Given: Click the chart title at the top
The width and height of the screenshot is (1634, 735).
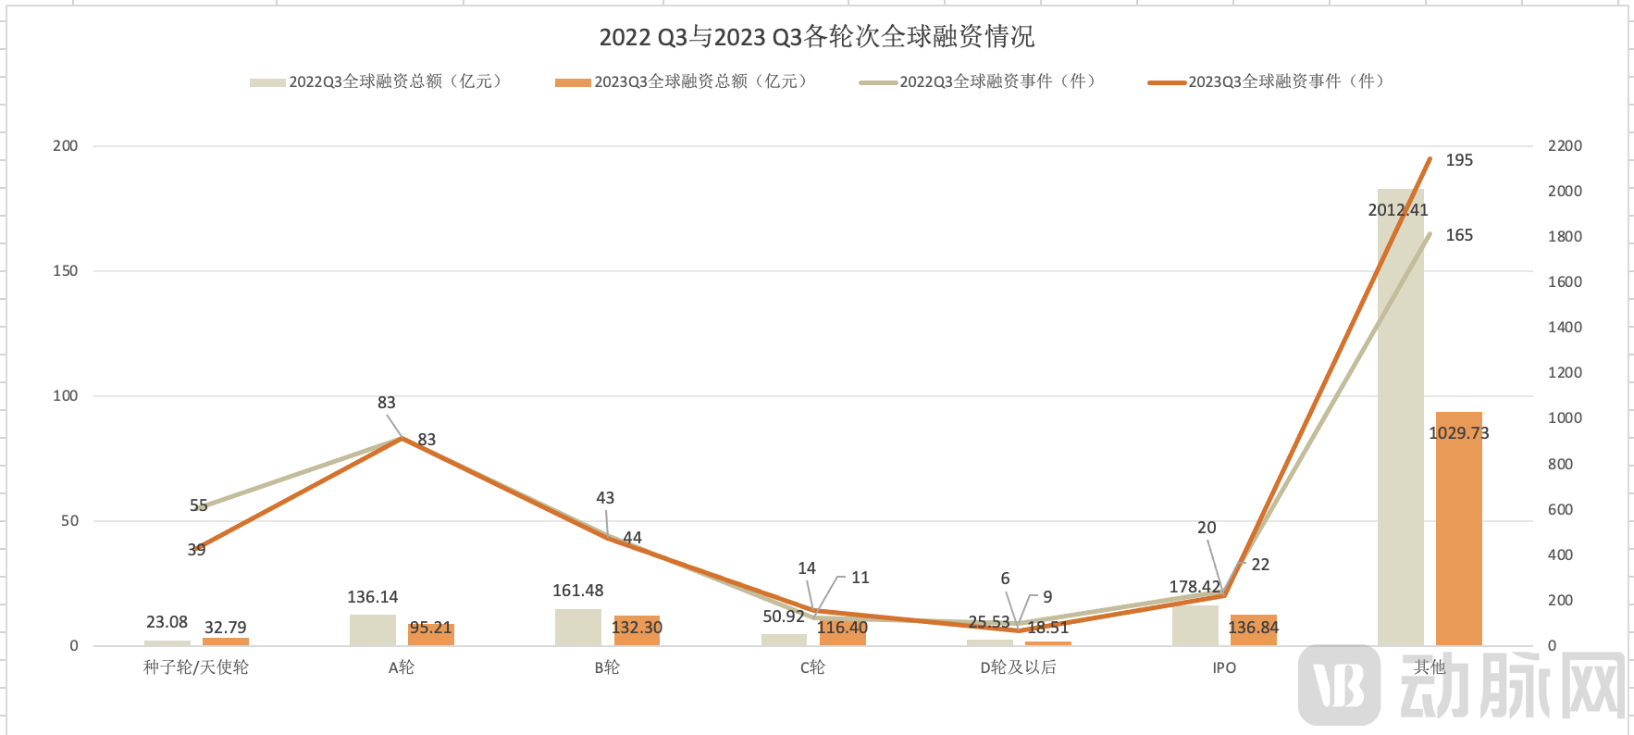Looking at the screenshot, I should tap(816, 37).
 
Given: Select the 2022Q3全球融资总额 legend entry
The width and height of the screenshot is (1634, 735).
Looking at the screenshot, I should tap(378, 81).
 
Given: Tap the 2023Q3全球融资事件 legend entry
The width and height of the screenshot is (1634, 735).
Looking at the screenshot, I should tap(1268, 81).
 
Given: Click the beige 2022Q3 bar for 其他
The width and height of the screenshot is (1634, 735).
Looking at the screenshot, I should tap(1400, 417).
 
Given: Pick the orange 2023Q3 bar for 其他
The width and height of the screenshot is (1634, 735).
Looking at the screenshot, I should tap(1458, 529).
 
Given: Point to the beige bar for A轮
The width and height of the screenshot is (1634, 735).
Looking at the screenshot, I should tap(372, 629).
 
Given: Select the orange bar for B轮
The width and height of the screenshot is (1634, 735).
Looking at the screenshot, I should tap(637, 630).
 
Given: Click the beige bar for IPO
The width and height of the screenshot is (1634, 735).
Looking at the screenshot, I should tap(1195, 625).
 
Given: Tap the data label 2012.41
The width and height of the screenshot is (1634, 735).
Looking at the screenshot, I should tap(1397, 210).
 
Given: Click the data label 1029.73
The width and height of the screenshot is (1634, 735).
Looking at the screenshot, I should tap(1458, 433).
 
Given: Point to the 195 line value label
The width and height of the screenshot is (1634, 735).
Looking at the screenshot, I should tap(1459, 160).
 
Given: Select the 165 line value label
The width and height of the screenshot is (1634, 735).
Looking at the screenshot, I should tap(1459, 235).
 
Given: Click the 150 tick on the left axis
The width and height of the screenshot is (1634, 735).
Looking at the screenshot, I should tap(66, 271).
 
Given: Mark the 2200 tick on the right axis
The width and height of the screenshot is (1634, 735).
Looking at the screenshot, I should tap(1565, 145).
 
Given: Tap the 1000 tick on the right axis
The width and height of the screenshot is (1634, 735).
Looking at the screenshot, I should tap(1565, 417).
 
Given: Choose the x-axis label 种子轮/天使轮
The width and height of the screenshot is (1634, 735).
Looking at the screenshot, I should tap(196, 667).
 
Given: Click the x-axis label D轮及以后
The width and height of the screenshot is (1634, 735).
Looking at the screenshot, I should tap(1018, 667).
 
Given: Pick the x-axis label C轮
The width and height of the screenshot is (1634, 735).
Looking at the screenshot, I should tap(812, 667).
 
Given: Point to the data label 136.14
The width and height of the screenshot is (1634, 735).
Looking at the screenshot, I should tap(373, 597).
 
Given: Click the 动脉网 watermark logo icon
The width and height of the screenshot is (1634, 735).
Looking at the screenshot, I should tap(1338, 685).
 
